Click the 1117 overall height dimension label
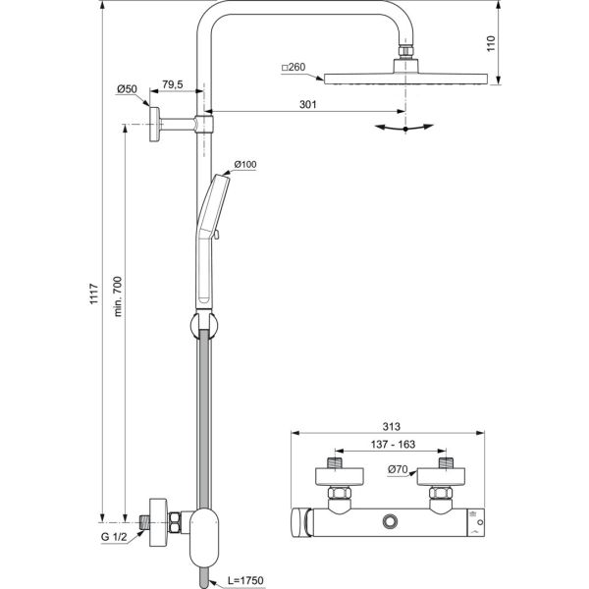[94, 294]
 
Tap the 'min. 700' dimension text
[118, 296]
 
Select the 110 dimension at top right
[491, 43]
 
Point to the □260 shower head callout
[294, 67]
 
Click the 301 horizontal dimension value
[307, 104]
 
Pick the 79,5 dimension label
[173, 84]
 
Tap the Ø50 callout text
[127, 89]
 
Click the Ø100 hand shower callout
[245, 164]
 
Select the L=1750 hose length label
[245, 580]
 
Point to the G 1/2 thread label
[114, 537]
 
